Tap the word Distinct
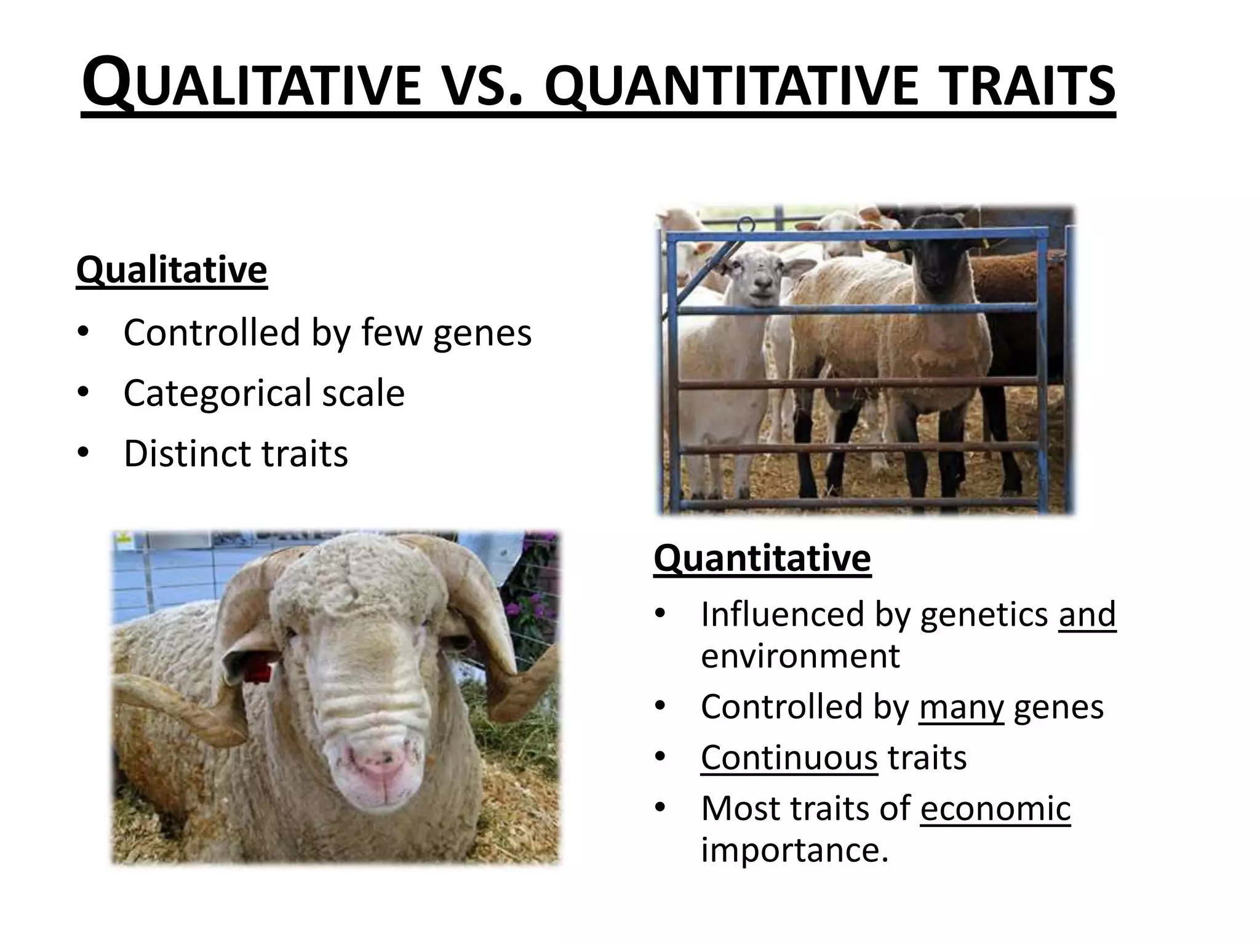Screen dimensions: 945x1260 point(187,453)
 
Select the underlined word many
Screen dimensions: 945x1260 point(961,706)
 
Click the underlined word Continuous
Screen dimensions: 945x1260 point(789,757)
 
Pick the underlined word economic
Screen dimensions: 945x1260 point(995,808)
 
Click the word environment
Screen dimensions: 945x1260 point(800,656)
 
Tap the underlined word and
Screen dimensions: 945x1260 point(1087,614)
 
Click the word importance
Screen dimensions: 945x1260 point(794,850)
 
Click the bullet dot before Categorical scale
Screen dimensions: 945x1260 point(84,393)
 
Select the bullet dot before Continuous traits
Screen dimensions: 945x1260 point(661,757)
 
